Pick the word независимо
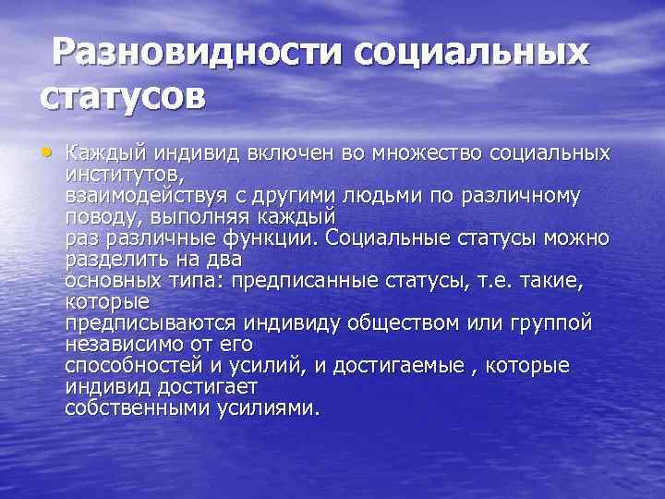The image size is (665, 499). click(x=125, y=344)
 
